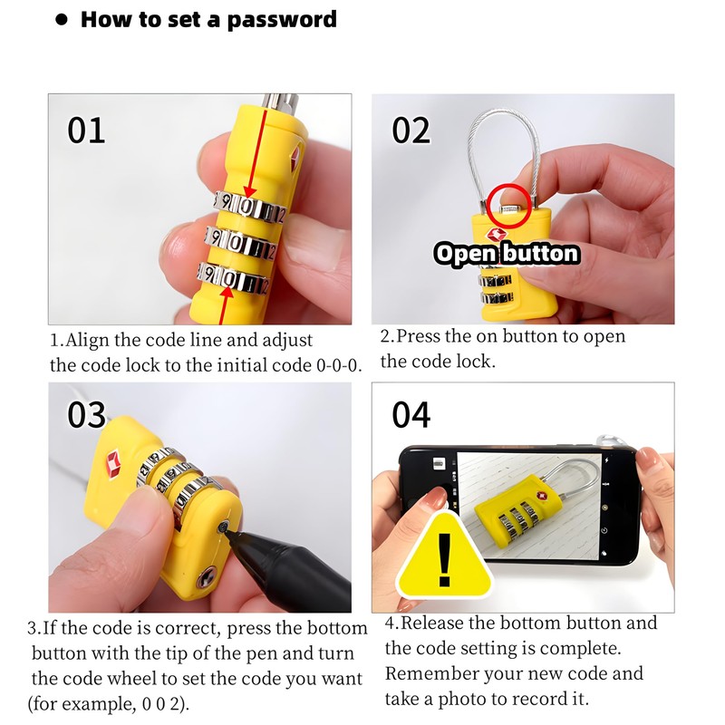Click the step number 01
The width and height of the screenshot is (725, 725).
pos(86,130)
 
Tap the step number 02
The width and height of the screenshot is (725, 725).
pos(411,130)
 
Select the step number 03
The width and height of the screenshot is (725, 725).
pos(87,414)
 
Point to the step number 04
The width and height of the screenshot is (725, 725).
pos(411,414)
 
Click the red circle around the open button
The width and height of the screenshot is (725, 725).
pos(507,204)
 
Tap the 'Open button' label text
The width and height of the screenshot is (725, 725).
pos(507,253)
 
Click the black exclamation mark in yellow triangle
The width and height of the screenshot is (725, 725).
pos(444,560)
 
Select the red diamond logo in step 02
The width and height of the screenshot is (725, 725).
pos(497,235)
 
